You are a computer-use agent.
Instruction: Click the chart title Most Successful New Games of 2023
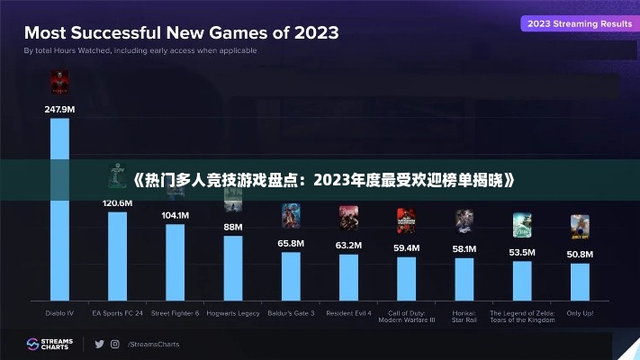(181, 33)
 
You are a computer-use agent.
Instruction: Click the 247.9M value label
(59, 109)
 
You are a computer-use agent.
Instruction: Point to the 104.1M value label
(175, 216)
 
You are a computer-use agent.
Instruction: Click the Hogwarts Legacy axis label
(233, 313)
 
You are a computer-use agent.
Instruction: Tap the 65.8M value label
(291, 243)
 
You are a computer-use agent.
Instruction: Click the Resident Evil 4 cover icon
(348, 218)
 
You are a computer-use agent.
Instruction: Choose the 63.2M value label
(348, 245)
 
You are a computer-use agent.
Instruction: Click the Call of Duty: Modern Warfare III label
(407, 316)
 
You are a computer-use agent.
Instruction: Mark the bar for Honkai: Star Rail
(464, 279)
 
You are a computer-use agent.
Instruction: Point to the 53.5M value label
(522, 252)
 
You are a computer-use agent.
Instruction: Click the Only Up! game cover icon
(580, 226)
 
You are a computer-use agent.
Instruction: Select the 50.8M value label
(580, 255)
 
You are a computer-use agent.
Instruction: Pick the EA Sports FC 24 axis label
(117, 313)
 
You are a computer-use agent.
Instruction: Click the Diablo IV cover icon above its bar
(59, 84)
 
